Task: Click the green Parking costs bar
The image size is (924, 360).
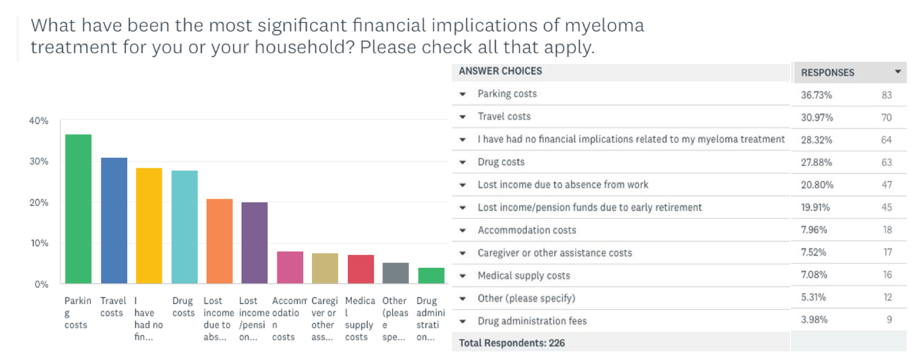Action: [x=78, y=209]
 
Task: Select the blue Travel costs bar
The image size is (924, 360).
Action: [x=114, y=220]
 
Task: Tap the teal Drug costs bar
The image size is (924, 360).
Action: [x=184, y=227]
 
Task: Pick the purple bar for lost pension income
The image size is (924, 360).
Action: [x=254, y=243]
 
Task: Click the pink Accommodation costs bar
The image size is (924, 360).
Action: [x=290, y=268]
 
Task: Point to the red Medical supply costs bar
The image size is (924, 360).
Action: [x=360, y=269]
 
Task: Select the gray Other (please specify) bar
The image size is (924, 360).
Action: [x=396, y=273]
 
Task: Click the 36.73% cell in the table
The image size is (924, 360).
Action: [x=815, y=95]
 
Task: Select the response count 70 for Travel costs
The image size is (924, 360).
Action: [x=886, y=117]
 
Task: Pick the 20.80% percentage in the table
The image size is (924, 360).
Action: [x=815, y=185]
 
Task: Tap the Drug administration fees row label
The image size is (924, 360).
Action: [x=532, y=321]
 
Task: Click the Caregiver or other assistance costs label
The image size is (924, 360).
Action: [x=554, y=252]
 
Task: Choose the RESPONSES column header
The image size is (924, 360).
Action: [x=827, y=72]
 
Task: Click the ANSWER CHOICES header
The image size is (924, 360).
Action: [x=500, y=71]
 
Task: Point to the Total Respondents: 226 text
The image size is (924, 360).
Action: [x=512, y=343]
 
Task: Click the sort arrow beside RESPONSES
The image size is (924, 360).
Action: [x=897, y=72]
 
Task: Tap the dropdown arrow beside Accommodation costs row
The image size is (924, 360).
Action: [x=463, y=230]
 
